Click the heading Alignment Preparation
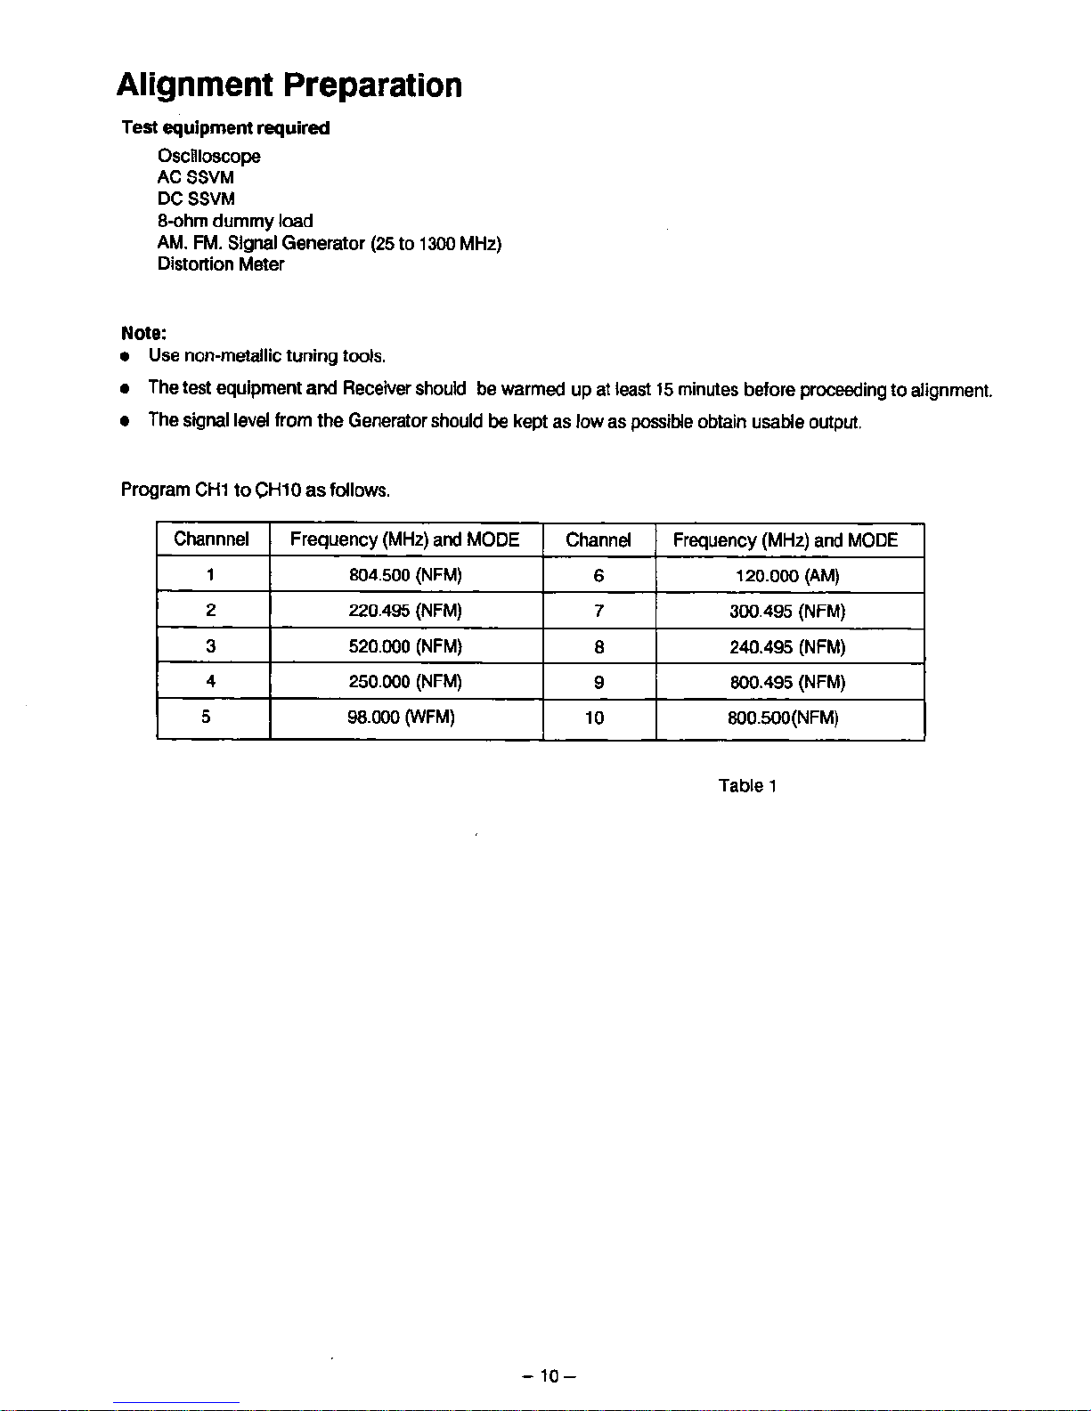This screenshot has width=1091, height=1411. [289, 85]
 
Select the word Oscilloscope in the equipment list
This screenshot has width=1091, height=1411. [209, 157]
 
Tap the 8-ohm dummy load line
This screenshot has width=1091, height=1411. [235, 221]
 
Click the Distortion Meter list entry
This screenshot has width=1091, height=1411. [221, 264]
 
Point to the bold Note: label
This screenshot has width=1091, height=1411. [143, 334]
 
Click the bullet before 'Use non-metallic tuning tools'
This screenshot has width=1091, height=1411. [127, 357]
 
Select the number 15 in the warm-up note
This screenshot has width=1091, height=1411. [664, 390]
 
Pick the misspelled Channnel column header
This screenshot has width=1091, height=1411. [211, 539]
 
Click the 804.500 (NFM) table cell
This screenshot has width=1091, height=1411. [405, 575]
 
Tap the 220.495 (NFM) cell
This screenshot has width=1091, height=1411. [405, 611]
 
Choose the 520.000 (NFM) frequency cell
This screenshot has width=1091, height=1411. [405, 646]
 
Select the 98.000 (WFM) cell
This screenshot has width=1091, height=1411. [401, 718]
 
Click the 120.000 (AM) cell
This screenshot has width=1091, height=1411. [787, 576]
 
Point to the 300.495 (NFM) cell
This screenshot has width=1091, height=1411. [787, 612]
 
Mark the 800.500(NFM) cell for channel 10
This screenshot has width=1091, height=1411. [783, 718]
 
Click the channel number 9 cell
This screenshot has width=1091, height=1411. [598, 683]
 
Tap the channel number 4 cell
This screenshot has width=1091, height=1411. [210, 682]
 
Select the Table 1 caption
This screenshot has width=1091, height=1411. [748, 786]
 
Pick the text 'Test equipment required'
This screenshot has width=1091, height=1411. [225, 128]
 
